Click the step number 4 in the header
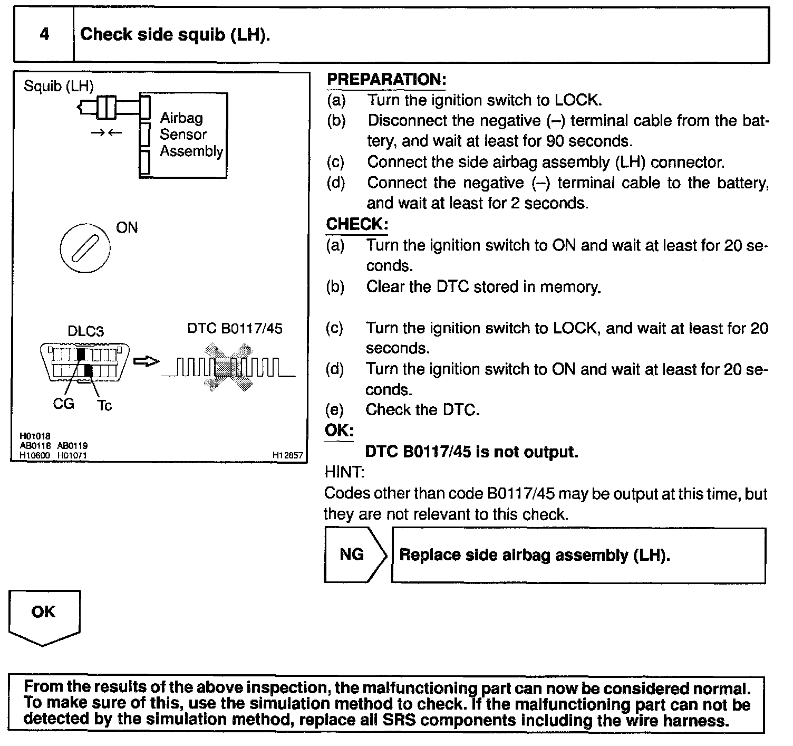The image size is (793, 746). pyautogui.click(x=44, y=34)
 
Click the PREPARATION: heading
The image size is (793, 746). pyautogui.click(x=386, y=79)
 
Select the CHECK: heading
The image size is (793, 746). pyautogui.click(x=357, y=224)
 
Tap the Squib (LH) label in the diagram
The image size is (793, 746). pyautogui.click(x=59, y=86)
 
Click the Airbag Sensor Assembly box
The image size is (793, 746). pyautogui.click(x=183, y=136)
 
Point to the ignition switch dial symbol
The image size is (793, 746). pyautogui.click(x=85, y=248)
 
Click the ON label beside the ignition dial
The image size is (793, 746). pyautogui.click(x=127, y=228)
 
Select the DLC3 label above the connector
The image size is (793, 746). pyautogui.click(x=85, y=331)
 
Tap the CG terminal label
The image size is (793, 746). pyautogui.click(x=63, y=404)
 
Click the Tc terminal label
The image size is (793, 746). pyautogui.click(x=104, y=406)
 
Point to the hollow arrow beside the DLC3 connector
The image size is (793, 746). pyautogui.click(x=146, y=361)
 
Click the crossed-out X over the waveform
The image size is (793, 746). pyautogui.click(x=228, y=367)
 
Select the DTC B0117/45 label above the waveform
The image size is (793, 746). pyautogui.click(x=235, y=329)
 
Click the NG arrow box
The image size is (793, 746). pyautogui.click(x=355, y=554)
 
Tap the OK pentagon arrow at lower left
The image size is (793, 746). pyautogui.click(x=44, y=618)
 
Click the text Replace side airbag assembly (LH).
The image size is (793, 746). pyautogui.click(x=535, y=555)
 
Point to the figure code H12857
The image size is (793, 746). pyautogui.click(x=287, y=455)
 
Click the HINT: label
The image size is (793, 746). pyautogui.click(x=344, y=472)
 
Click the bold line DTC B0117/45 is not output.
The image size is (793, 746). pyautogui.click(x=471, y=452)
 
